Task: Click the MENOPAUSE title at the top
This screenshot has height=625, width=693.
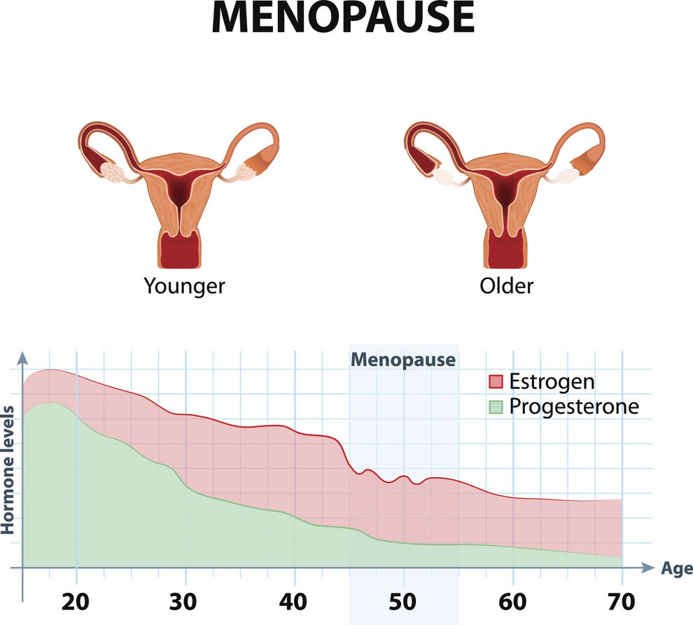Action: (x=343, y=19)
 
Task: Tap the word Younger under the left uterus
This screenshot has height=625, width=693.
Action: (x=185, y=286)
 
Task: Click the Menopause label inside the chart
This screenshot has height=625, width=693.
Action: (x=403, y=360)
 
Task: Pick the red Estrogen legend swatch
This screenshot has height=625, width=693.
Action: (x=496, y=381)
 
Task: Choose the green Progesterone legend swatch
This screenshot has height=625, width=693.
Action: (x=496, y=407)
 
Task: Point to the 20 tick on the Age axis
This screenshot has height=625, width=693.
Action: (x=76, y=601)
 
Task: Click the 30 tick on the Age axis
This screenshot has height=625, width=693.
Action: (x=185, y=601)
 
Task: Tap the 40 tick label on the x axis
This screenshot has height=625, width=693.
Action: (x=295, y=601)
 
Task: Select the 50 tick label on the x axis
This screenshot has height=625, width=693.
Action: (x=404, y=601)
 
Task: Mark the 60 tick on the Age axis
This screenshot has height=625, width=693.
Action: (x=513, y=601)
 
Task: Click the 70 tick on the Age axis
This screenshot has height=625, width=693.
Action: (x=622, y=601)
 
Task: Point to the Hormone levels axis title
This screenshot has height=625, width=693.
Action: (x=9, y=469)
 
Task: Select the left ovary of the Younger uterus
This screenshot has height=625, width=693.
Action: (x=112, y=169)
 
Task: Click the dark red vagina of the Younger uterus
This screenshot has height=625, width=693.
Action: (x=181, y=252)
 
